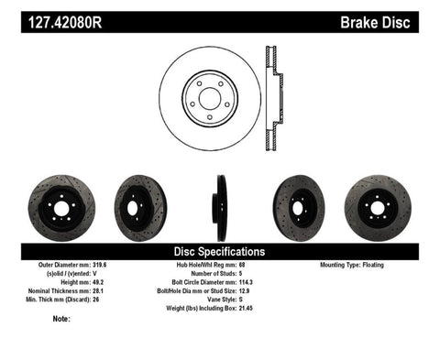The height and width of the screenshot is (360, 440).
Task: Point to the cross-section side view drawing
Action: pos(271,96)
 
